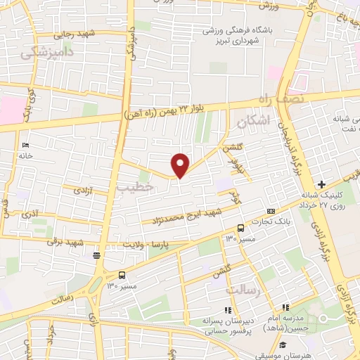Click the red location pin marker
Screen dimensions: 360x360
181,165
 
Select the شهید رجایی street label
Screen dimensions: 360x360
77,33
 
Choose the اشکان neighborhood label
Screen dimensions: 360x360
253,122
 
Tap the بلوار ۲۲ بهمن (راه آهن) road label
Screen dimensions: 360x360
160,109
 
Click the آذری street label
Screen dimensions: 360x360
31,212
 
